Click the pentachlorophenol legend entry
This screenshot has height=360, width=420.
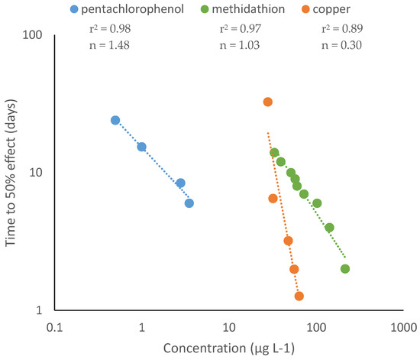(x=118, y=10)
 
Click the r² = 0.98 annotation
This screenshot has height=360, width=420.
(x=107, y=29)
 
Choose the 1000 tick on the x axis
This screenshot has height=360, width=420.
(x=402, y=326)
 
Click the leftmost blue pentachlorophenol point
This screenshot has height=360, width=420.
(x=115, y=120)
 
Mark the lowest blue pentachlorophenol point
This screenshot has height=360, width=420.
(x=189, y=203)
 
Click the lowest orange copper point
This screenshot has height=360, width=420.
(x=299, y=296)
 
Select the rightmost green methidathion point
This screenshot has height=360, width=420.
(x=345, y=268)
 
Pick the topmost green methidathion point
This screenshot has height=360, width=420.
(x=274, y=152)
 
